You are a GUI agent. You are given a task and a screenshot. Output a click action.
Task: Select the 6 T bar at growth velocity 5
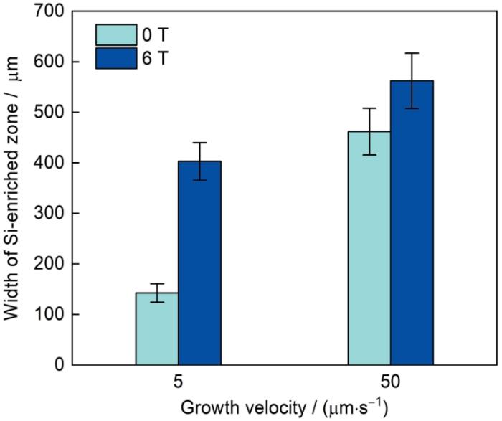[199, 262]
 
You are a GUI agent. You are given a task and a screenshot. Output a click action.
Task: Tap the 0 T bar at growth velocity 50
[369, 247]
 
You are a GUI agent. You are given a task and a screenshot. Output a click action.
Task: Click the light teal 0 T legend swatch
[115, 34]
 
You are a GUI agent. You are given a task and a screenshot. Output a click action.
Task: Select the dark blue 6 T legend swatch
[115, 57]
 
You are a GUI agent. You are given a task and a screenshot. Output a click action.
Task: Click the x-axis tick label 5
[179, 382]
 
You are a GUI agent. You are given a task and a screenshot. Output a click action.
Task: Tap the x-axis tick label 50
[391, 382]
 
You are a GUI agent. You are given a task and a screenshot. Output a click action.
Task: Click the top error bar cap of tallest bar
[412, 53]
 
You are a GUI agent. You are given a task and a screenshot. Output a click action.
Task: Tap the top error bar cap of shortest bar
[157, 284]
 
